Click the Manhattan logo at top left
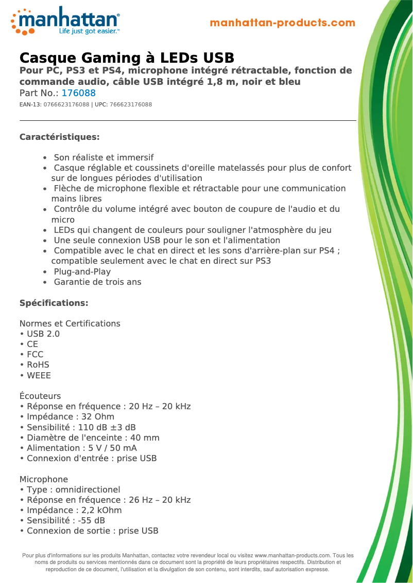click(x=65, y=21)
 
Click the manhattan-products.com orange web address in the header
click(x=282, y=23)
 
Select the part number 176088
click(x=78, y=94)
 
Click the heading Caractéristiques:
click(x=59, y=137)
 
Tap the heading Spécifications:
click(x=54, y=303)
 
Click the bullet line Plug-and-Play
click(x=82, y=272)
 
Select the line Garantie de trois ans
click(x=97, y=282)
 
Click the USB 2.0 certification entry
click(x=43, y=334)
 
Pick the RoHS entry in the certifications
click(x=38, y=365)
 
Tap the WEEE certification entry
click(x=39, y=376)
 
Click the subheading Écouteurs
click(x=40, y=396)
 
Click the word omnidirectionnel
click(x=88, y=490)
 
